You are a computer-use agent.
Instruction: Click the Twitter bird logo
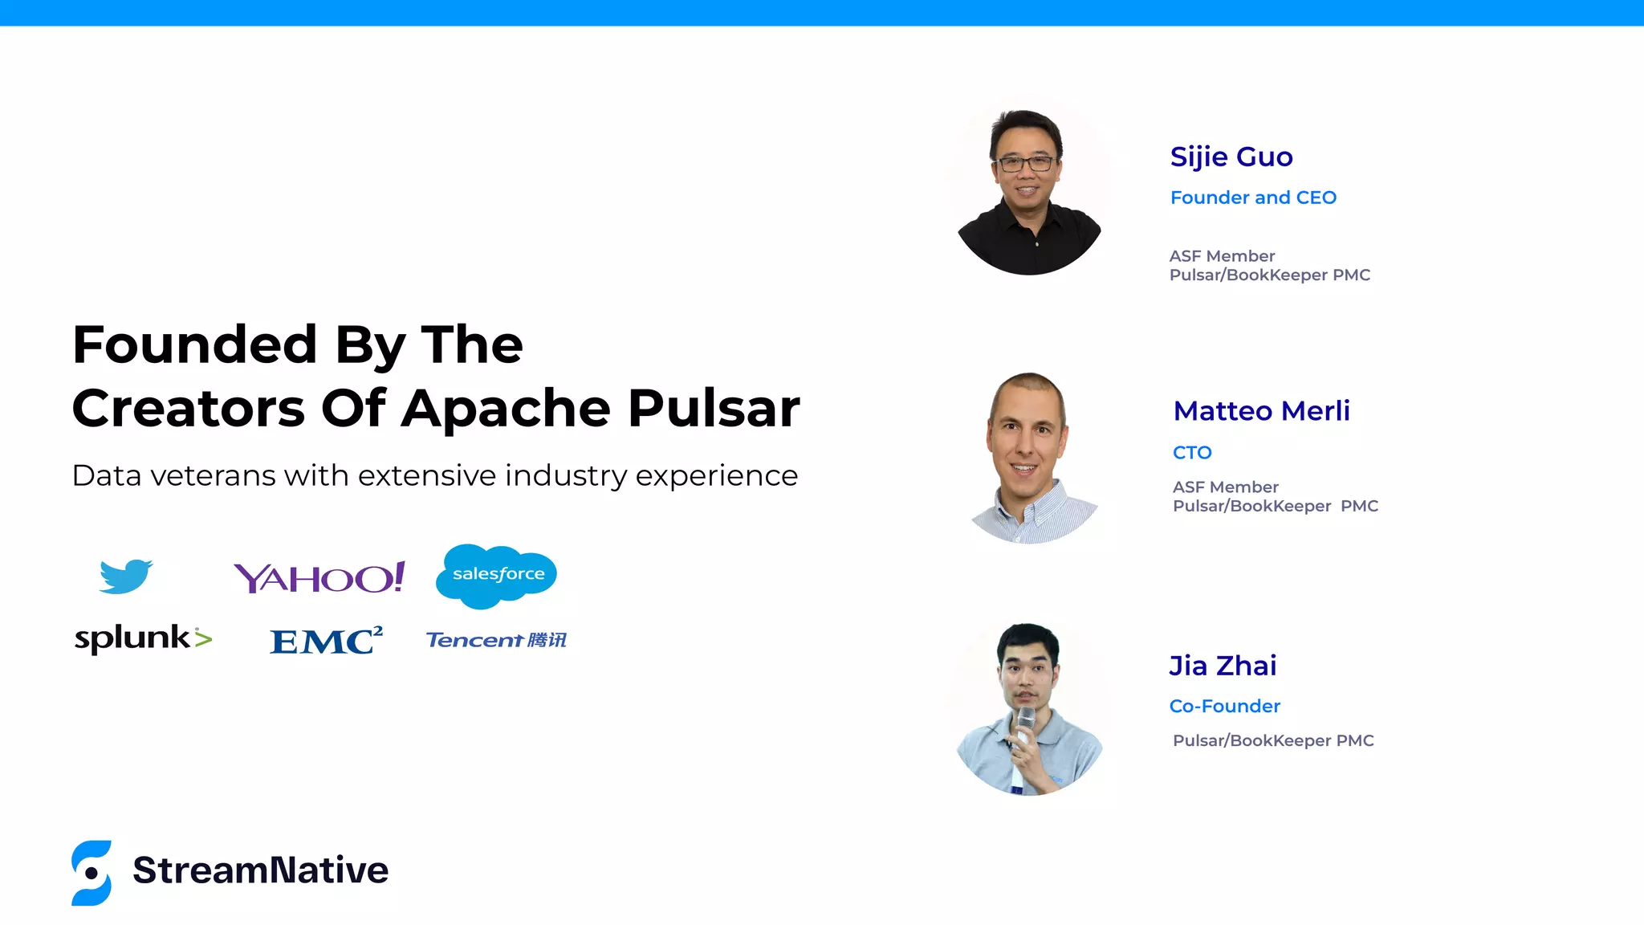coord(125,577)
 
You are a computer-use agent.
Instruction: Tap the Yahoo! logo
coord(319,577)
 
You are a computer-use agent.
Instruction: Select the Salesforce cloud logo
coord(497,575)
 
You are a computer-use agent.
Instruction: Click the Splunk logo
coord(143,638)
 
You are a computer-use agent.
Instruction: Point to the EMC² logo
coord(326,641)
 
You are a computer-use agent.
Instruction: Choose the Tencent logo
coord(496,640)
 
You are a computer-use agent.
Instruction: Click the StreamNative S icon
coord(92,873)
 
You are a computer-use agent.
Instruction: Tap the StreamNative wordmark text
coord(260,870)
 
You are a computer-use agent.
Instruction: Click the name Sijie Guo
coord(1231,157)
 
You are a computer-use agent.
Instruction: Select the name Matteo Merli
coord(1261,411)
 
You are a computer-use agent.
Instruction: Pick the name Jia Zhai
coord(1223,666)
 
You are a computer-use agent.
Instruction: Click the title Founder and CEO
coord(1253,198)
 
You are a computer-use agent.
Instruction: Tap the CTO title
coord(1192,453)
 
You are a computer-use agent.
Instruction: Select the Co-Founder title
coord(1224,707)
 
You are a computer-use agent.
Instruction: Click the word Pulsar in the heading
coord(714,409)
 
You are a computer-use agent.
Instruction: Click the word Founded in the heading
coord(194,345)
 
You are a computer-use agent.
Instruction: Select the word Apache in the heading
coord(506,409)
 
